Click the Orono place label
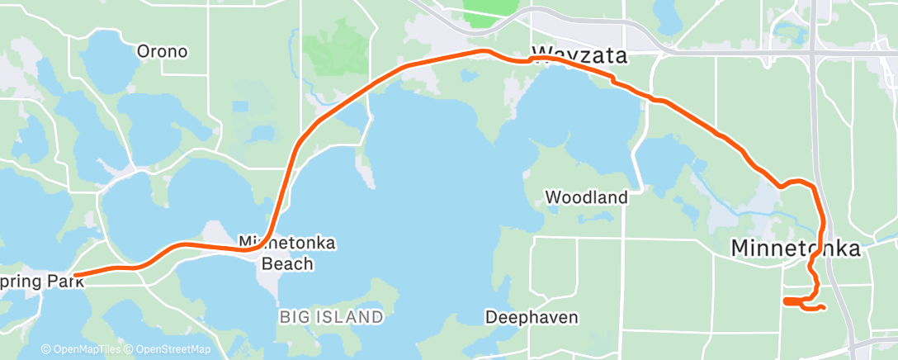162,51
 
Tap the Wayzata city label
579,56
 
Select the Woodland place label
587,197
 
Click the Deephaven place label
532,316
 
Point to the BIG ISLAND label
331,316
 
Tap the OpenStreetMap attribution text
170,350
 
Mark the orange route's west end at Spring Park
75,276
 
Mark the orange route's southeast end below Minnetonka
824,309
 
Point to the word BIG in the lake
294,316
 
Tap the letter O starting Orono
142,51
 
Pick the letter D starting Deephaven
490,316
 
